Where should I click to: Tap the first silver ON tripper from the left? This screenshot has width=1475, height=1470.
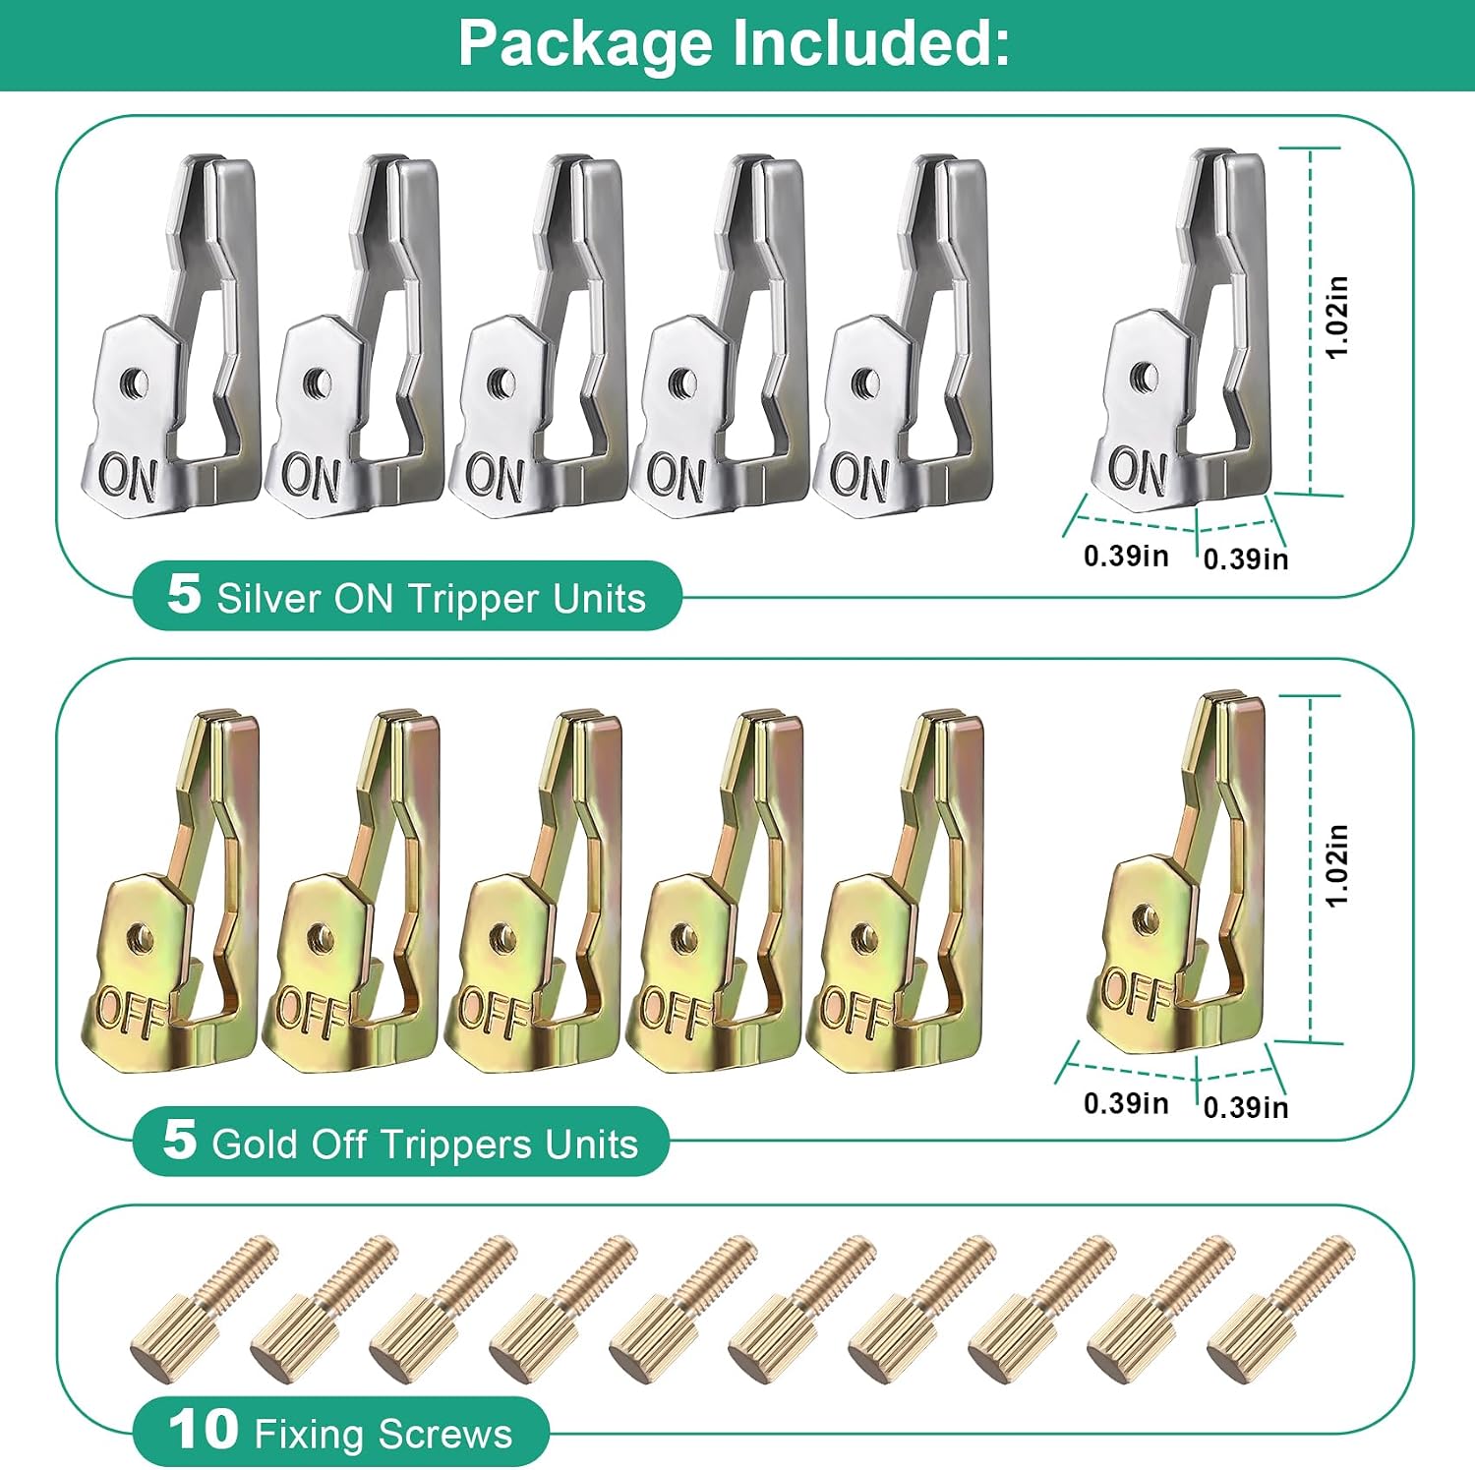(x=169, y=334)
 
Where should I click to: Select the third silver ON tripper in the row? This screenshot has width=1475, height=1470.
(x=538, y=334)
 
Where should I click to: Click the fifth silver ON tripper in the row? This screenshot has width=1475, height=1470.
(x=903, y=334)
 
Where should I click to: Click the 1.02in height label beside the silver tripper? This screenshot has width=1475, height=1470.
(x=1337, y=317)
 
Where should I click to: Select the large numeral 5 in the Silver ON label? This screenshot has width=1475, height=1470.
(x=184, y=593)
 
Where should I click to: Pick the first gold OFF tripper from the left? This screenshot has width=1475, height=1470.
(x=169, y=890)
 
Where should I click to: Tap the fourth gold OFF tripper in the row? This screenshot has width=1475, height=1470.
(x=718, y=890)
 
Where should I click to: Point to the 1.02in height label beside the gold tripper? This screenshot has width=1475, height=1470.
(x=1337, y=865)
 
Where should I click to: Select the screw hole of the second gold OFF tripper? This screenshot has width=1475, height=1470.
(x=317, y=937)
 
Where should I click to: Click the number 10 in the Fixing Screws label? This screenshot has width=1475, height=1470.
(x=204, y=1429)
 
